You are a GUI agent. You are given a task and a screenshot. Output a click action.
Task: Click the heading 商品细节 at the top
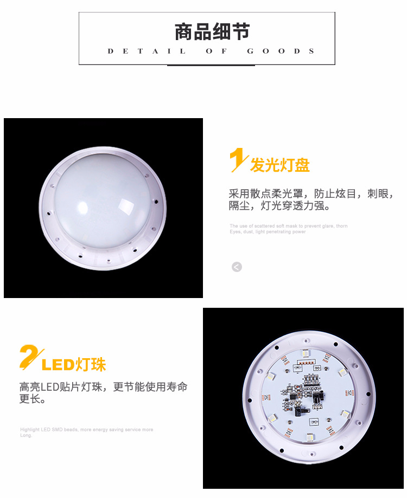[212, 32]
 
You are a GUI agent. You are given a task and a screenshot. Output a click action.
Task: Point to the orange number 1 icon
[237, 161]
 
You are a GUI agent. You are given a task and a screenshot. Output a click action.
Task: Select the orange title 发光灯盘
[279, 165]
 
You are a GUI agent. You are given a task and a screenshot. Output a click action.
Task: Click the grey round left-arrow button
[237, 267]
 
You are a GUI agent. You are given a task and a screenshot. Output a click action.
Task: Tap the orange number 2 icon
[30, 358]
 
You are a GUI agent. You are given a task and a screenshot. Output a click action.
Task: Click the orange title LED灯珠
[74, 364]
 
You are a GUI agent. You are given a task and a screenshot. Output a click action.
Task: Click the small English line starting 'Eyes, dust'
[268, 232]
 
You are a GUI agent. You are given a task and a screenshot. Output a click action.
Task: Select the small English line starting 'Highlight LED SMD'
[87, 430]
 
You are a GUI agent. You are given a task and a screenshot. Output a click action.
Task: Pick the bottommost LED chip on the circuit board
[310, 436]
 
